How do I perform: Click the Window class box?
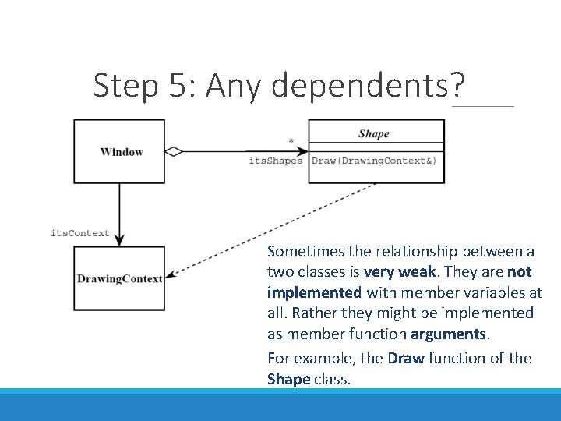[x=119, y=151]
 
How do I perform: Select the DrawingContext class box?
[x=119, y=278]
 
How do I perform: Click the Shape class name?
[x=374, y=134]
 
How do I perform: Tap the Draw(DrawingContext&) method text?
[x=374, y=161]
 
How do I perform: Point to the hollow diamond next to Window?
[x=174, y=151]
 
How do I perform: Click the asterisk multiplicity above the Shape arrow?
[x=291, y=142]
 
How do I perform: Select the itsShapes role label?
[x=275, y=161]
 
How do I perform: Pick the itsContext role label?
[x=80, y=233]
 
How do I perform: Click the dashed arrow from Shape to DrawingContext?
[x=273, y=230]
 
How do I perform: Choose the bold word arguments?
[x=453, y=334]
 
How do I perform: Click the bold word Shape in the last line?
[x=288, y=379]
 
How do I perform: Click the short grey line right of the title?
[x=482, y=106]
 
